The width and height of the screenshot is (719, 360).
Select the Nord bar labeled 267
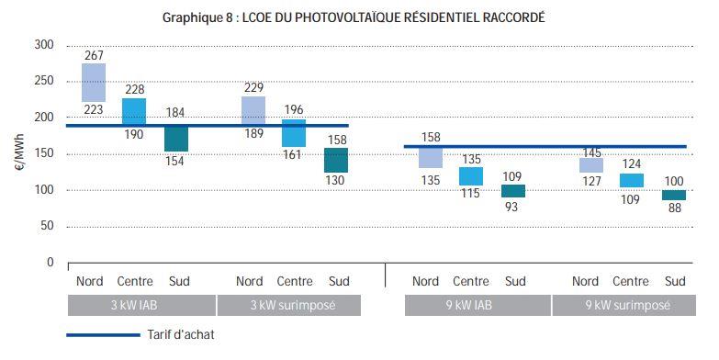(x=94, y=83)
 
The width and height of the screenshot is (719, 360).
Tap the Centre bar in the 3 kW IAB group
(x=133, y=112)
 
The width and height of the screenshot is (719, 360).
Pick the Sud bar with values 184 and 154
(x=176, y=138)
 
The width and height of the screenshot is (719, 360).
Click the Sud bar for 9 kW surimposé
(x=674, y=195)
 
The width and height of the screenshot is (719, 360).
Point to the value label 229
(x=253, y=87)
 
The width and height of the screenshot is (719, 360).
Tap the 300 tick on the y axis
(x=45, y=46)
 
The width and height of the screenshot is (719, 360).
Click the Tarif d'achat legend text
(x=179, y=336)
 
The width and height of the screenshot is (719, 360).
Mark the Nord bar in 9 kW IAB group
(x=431, y=157)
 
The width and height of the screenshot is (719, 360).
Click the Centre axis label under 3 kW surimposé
(x=294, y=281)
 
